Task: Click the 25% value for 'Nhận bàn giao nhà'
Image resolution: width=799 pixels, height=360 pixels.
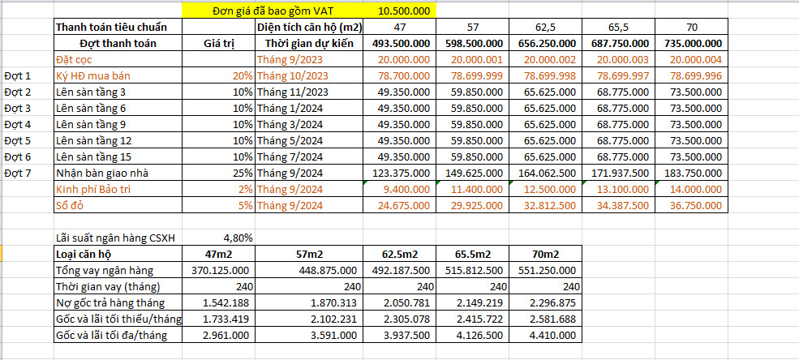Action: (x=241, y=173)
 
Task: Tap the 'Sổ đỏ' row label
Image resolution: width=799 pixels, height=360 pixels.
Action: (x=71, y=205)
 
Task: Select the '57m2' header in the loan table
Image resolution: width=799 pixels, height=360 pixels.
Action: (x=310, y=254)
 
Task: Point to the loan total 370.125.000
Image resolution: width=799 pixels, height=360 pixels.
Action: (x=221, y=270)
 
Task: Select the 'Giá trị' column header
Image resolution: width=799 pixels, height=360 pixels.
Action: (x=218, y=43)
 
